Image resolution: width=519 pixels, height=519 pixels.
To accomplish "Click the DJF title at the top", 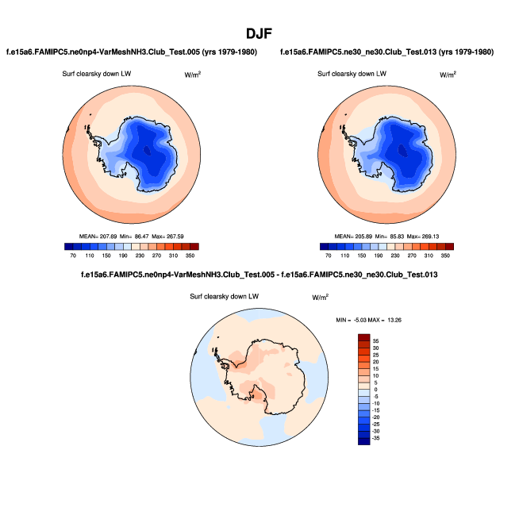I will pos(259,33).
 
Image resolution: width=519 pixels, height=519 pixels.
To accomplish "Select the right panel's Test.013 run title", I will pos(386,52).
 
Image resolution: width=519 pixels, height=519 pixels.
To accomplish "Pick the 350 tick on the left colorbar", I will pos(190,257).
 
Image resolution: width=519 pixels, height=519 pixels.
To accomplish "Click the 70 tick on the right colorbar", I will pos(326,257).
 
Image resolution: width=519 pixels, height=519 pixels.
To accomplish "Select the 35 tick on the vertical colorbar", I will pos(376,340).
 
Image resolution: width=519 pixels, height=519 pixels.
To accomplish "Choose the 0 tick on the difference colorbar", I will pos(376,389).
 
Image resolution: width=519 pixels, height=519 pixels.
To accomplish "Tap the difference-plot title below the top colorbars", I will pos(259,275).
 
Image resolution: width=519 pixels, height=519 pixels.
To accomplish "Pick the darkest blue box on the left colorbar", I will pos(70,247).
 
